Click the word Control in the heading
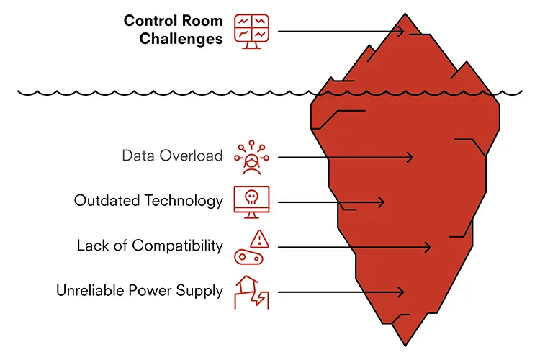pyautogui.click(x=150, y=21)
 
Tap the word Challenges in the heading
pyautogui.click(x=181, y=39)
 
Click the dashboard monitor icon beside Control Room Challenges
pyautogui.click(x=252, y=32)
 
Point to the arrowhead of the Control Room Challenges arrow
pyautogui.click(x=400, y=32)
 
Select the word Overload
pyautogui.click(x=191, y=156)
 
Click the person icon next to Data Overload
pyautogui.click(x=252, y=158)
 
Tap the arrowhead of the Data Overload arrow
pyautogui.click(x=409, y=158)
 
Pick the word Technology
pyautogui.click(x=184, y=201)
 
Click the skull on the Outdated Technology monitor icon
pyautogui.click(x=252, y=197)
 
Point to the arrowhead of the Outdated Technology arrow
pyautogui.click(x=381, y=202)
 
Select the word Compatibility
pyautogui.click(x=177, y=246)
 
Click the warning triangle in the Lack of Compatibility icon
pyautogui.click(x=259, y=239)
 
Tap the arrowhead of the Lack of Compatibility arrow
pyautogui.click(x=427, y=248)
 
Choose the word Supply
pyautogui.click(x=199, y=291)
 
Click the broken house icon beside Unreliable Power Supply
pyautogui.click(x=252, y=292)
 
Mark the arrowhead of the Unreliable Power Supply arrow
pyautogui.click(x=400, y=292)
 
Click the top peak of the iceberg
pyautogui.click(x=405, y=14)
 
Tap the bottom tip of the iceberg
pyautogui.click(x=405, y=346)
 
